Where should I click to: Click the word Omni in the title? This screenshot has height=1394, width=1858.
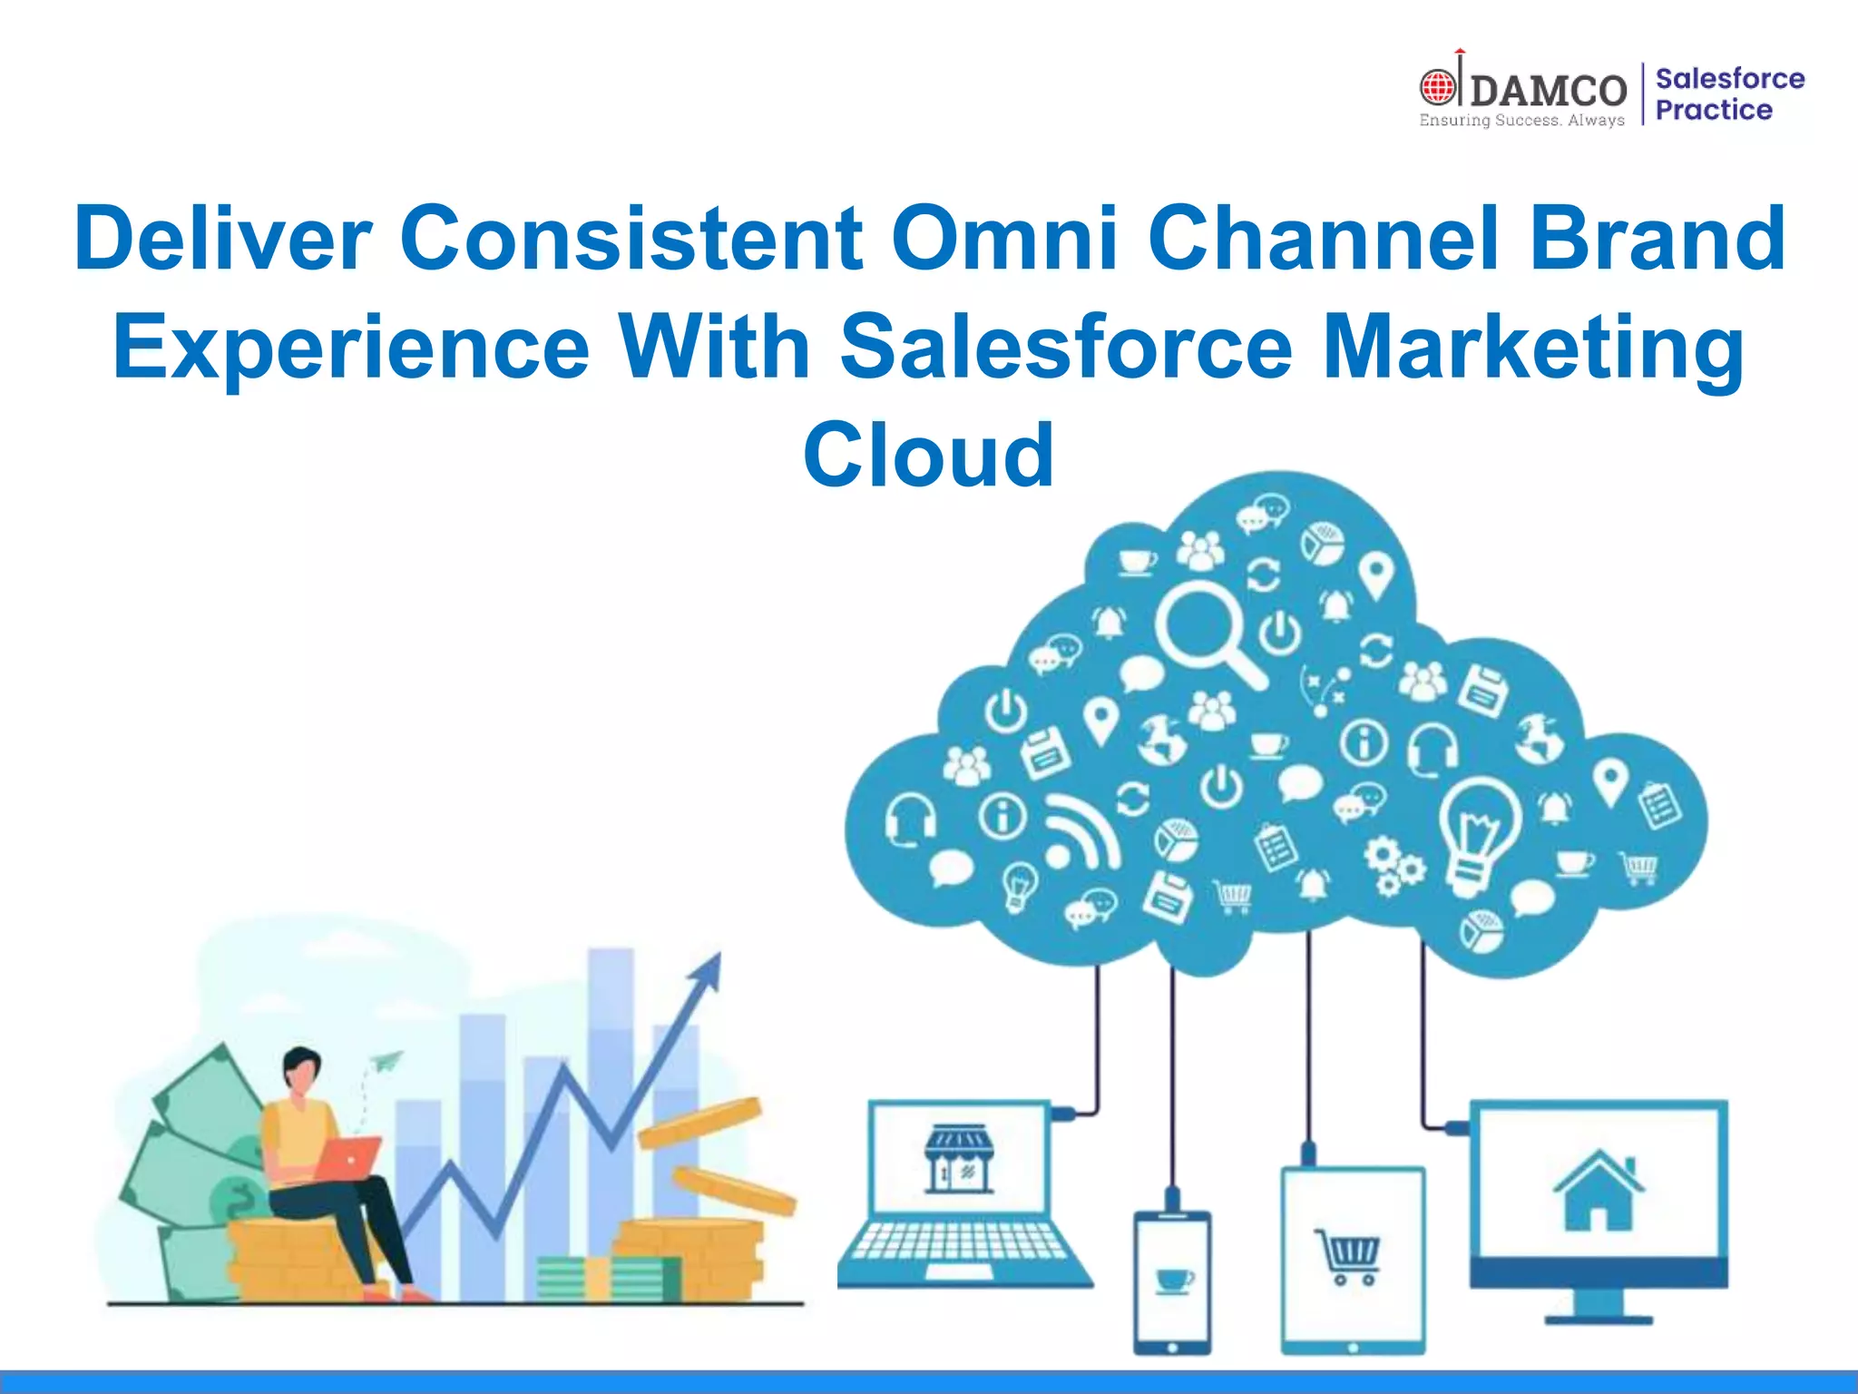coord(1003,238)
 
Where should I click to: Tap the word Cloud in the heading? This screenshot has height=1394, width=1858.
coord(928,455)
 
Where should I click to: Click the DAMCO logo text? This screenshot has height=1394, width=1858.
coord(1548,91)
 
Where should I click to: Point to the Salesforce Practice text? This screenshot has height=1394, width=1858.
coord(1728,94)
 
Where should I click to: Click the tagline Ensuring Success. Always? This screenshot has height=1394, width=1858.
coord(1521,121)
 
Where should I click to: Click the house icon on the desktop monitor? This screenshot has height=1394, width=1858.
coord(1599,1191)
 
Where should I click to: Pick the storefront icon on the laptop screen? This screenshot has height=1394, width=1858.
coord(959,1159)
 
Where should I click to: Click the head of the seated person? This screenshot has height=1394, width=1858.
coord(301,1070)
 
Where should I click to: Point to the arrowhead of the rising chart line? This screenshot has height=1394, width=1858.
coord(708,971)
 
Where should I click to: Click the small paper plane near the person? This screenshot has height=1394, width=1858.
coord(385,1060)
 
